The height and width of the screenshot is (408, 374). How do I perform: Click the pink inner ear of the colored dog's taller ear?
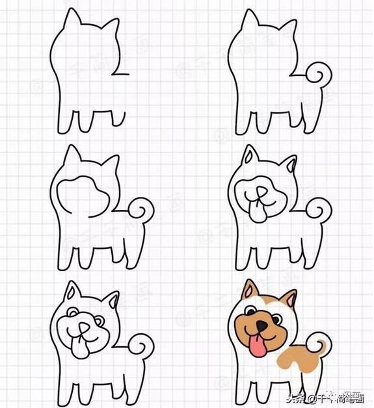249,291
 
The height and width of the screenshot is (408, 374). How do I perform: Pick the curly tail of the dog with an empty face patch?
141,209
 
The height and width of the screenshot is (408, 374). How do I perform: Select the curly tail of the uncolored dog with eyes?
140,344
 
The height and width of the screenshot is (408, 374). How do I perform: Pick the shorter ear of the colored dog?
290,299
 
